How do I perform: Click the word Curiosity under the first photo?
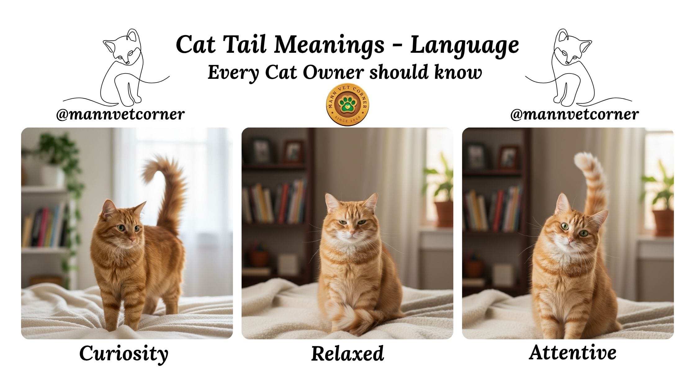(124, 354)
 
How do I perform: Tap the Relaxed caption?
(347, 353)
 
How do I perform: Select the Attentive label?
(572, 353)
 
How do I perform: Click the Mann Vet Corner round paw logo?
(347, 105)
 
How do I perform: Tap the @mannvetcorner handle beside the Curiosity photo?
(120, 115)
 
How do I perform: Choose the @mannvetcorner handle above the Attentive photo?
(575, 115)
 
